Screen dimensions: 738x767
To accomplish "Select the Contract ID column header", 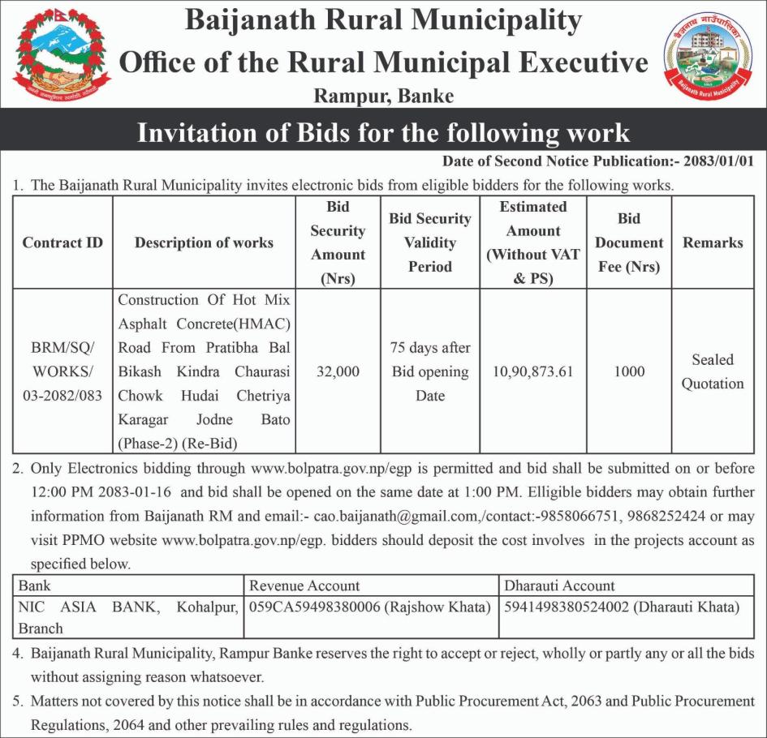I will (x=62, y=242).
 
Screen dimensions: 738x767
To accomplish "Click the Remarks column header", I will (x=713, y=242).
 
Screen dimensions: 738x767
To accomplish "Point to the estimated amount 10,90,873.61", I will (x=533, y=371).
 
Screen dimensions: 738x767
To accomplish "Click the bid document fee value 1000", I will (x=629, y=371).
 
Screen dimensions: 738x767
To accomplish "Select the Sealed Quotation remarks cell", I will (x=713, y=371).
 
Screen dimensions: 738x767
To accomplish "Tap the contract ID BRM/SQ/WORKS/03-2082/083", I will (x=62, y=371).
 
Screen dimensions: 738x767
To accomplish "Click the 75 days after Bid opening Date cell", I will (x=430, y=371).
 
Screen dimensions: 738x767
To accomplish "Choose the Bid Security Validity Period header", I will (x=430, y=242).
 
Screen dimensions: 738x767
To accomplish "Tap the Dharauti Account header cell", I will (x=560, y=586).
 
